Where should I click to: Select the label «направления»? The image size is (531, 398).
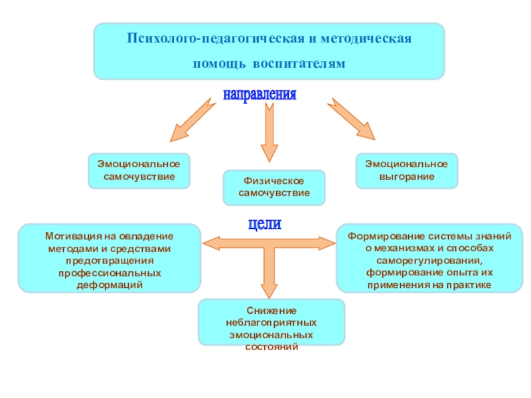[260, 94]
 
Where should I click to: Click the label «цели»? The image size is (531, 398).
[265, 224]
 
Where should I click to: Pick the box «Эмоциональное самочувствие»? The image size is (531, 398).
[139, 170]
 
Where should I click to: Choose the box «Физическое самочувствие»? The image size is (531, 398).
[274, 187]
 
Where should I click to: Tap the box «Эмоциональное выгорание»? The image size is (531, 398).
[407, 170]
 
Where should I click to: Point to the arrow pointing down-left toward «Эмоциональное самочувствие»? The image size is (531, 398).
[194, 120]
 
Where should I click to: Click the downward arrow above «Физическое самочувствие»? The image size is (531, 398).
[268, 133]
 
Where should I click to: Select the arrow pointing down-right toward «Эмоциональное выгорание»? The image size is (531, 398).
[352, 119]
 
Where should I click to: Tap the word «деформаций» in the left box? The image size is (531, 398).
[110, 284]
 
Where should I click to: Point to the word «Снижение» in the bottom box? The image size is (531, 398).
[271, 310]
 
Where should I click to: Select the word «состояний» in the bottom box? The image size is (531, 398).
[271, 346]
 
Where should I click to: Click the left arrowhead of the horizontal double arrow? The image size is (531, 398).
[211, 242]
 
